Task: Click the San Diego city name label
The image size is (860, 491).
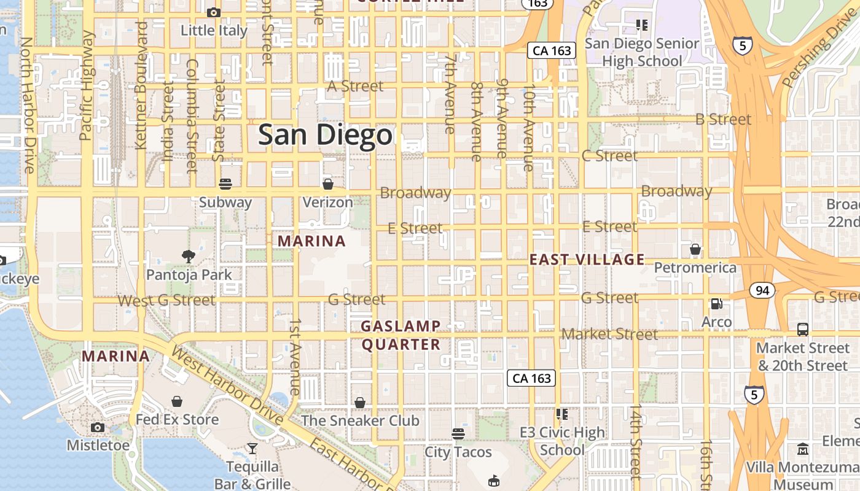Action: [325, 135]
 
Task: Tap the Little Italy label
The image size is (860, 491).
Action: [214, 30]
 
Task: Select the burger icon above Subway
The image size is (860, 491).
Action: [225, 184]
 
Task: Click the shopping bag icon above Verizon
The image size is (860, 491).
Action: [328, 184]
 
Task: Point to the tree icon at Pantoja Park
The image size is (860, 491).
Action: [189, 256]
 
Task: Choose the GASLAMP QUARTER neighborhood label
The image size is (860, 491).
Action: [401, 335]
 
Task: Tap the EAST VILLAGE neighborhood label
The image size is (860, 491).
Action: [587, 260]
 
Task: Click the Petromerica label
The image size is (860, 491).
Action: [695, 268]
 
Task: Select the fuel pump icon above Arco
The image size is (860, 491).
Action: [716, 304]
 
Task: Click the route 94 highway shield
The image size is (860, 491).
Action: [762, 290]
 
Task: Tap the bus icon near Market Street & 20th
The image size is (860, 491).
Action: [802, 330]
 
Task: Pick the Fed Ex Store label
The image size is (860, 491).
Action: [177, 420]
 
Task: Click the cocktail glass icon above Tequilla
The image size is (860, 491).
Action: [252, 449]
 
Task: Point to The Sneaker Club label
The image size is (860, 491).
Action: [360, 420]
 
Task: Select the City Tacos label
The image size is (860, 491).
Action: [458, 452]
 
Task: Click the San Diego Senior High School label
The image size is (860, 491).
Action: [642, 52]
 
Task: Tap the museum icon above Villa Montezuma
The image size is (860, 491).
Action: [803, 449]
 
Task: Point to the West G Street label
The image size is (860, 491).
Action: [166, 301]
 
